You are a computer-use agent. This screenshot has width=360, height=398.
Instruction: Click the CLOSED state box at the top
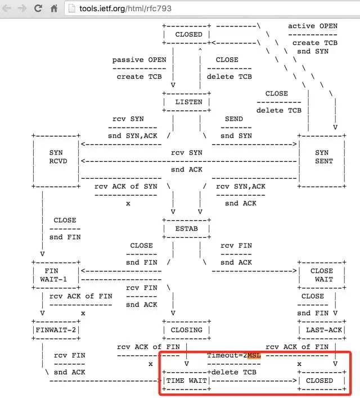(x=188, y=34)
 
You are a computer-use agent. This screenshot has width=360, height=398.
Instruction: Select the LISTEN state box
(x=188, y=102)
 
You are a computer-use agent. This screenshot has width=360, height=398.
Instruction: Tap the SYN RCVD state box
(x=56, y=157)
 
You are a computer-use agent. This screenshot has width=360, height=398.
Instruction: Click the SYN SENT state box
(x=322, y=157)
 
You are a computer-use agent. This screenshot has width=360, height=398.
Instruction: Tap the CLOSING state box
(x=186, y=330)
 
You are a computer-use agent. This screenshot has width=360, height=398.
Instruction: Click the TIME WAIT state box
(x=186, y=381)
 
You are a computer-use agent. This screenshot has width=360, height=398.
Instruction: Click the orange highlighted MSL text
(x=254, y=355)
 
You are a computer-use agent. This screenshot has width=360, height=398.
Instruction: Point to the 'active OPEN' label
(x=313, y=26)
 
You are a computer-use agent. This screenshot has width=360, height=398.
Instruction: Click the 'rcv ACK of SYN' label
(x=125, y=187)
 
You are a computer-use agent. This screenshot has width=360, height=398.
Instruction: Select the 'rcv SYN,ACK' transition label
(x=241, y=187)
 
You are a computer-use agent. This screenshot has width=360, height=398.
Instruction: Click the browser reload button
(x=38, y=8)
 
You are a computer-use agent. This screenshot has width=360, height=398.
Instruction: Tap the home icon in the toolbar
(x=54, y=8)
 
